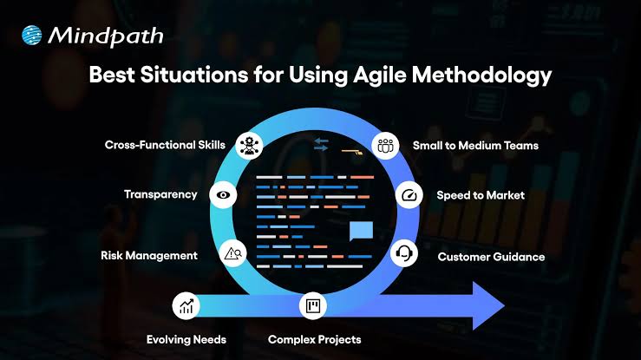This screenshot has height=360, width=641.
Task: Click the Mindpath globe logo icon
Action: [x=32, y=35]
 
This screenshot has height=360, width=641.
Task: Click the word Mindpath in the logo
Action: [x=106, y=36]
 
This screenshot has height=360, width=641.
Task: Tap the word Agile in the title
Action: [x=380, y=75]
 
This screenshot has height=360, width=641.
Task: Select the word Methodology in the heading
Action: [x=482, y=75]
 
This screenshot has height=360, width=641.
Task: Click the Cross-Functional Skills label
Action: [x=165, y=145]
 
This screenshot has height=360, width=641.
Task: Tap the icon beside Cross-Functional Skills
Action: [x=249, y=146]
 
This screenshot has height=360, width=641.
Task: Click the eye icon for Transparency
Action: [x=223, y=195]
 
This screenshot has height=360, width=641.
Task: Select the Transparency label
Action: [x=160, y=194]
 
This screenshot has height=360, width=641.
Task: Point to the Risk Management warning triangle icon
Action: [x=232, y=254]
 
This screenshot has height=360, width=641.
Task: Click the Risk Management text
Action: [x=149, y=256]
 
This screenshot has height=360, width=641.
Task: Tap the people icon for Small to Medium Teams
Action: [x=385, y=146]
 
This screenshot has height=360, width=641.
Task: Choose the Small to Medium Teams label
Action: [x=475, y=146]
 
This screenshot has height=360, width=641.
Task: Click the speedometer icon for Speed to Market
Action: [x=409, y=195]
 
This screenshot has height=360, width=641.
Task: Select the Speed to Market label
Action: [x=481, y=195]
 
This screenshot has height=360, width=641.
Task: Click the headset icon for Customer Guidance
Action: [x=404, y=253]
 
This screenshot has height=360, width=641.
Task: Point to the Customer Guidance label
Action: [x=491, y=257]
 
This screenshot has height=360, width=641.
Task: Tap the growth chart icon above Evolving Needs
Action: [x=186, y=305]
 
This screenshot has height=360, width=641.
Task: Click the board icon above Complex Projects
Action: [x=313, y=305]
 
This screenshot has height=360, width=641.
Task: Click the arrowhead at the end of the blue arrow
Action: [x=488, y=305]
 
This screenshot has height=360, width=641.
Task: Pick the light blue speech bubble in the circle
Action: [x=362, y=231]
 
